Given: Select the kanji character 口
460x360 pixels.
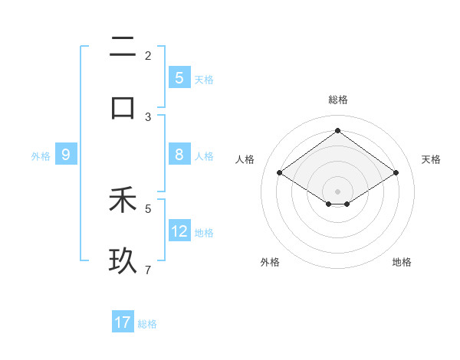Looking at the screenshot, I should tap(123, 107).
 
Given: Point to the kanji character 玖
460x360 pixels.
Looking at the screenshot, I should tap(123, 261).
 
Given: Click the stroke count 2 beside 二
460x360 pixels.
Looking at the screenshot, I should tap(148, 55).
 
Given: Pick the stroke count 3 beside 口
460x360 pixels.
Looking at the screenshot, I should tap(148, 116).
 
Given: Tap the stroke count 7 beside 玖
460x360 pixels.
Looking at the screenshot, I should tap(148, 270).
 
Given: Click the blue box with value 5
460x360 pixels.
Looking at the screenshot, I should tap(179, 78).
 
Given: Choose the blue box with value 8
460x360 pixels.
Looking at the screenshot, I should tap(179, 155).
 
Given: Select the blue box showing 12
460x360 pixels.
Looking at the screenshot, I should tap(179, 231).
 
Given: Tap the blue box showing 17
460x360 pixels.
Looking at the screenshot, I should tap(123, 322).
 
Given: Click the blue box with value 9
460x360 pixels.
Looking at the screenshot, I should tap(66, 155).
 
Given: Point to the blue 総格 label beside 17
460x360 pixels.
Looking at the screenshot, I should tap(148, 324).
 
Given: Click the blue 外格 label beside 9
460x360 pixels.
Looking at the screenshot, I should tap(41, 156).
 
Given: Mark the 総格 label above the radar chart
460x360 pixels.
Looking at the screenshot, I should tap(338, 100).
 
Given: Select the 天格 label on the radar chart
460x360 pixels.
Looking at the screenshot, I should tap(431, 159).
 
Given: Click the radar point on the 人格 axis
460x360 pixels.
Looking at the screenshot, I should tap(280, 173).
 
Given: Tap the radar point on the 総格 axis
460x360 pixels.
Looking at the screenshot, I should tap(337, 131).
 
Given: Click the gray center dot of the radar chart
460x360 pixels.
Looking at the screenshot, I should tap(337, 190).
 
